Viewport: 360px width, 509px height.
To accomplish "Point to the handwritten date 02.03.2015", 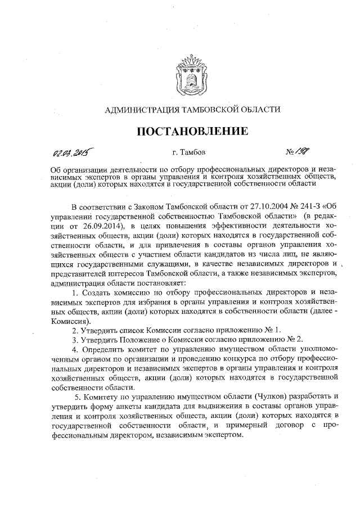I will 72,152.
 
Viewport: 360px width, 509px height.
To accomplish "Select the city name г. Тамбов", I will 188,152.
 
